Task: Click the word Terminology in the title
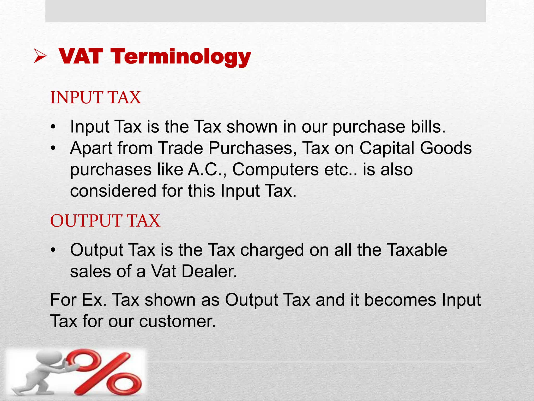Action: coord(181,57)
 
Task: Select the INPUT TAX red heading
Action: coord(95,98)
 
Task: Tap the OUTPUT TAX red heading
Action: coord(105,221)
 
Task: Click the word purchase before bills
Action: coord(369,127)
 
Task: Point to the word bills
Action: coord(428,127)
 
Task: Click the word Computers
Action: coord(275,170)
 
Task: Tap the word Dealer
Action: coord(209,272)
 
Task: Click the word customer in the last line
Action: coord(177,321)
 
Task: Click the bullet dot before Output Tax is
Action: coord(53,250)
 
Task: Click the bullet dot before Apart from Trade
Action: coord(53,148)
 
